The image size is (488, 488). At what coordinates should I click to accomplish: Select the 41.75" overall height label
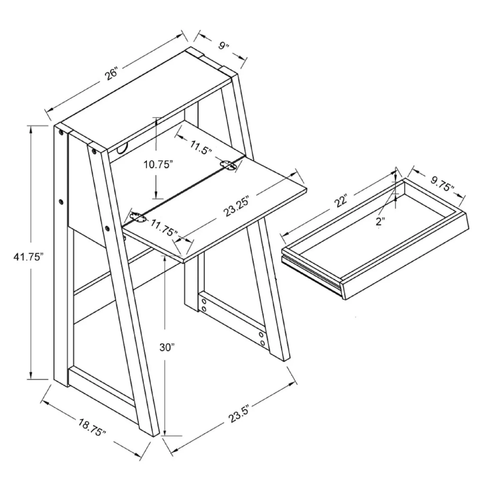click(29, 257)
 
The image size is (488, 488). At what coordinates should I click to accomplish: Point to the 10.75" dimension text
click(158, 165)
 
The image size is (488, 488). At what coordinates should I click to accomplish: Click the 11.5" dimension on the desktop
click(201, 148)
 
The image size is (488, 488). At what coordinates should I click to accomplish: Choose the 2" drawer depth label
click(380, 222)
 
